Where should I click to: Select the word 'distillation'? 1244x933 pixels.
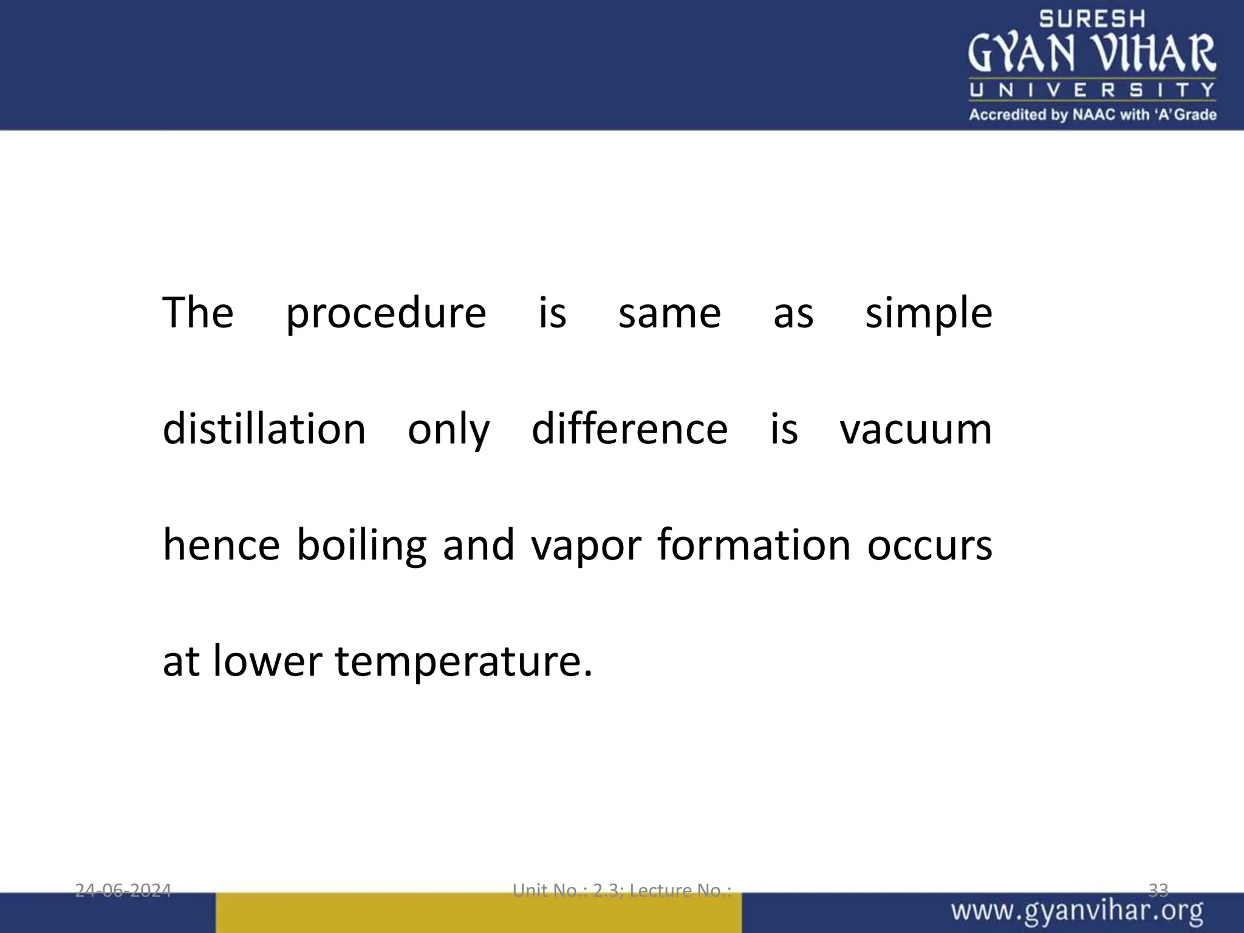coord(264,429)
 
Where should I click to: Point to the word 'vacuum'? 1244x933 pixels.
coord(915,429)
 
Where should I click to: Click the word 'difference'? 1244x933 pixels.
coord(629,429)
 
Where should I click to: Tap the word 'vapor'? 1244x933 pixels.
coord(586,545)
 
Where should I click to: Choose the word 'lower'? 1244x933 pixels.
coord(267,661)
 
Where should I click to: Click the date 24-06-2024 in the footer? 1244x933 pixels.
coord(123,890)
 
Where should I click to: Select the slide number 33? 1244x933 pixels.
coord(1158,890)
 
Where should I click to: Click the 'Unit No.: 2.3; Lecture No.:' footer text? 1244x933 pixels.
coord(622,890)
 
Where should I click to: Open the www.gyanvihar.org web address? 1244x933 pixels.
coord(1077,912)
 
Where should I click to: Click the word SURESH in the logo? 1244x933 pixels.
coord(1092,19)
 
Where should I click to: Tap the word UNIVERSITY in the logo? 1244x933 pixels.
coord(1092,91)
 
